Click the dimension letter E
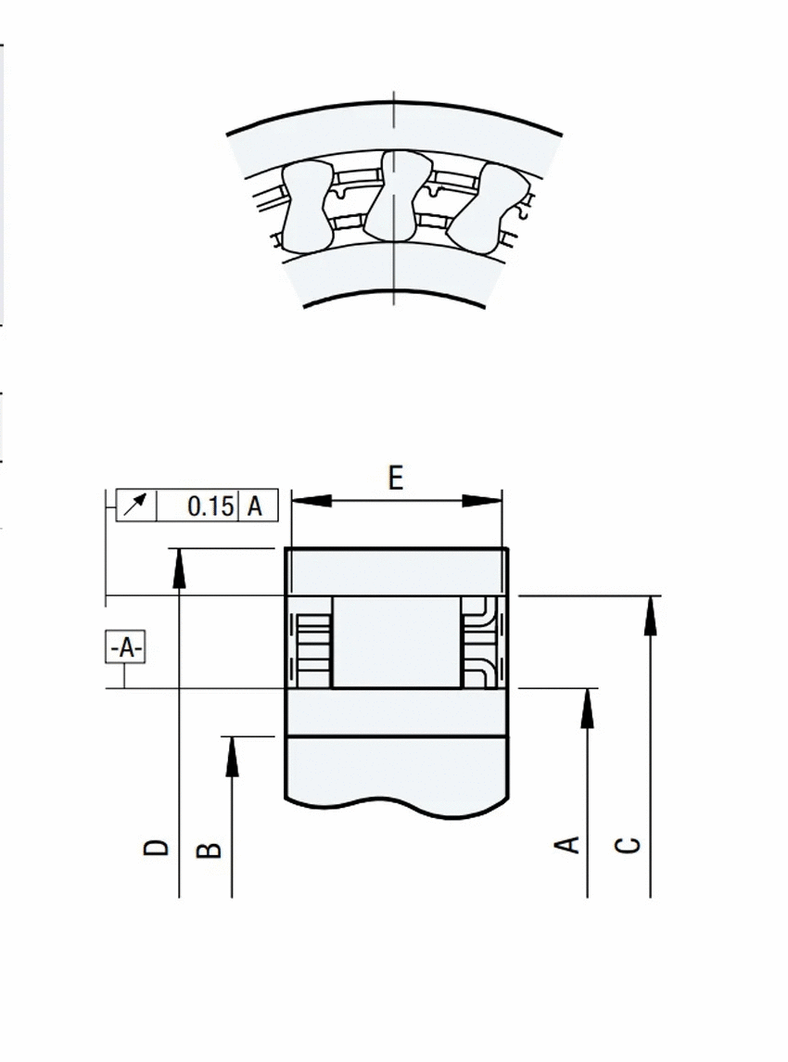(x=396, y=479)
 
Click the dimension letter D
(x=157, y=848)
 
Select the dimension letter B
(x=209, y=850)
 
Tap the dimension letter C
(x=628, y=845)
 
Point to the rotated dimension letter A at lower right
(x=566, y=845)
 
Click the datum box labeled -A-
(x=125, y=647)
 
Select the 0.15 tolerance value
(x=210, y=505)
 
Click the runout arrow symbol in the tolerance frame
(x=136, y=505)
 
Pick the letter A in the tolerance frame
(x=255, y=505)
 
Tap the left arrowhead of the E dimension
(x=311, y=501)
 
